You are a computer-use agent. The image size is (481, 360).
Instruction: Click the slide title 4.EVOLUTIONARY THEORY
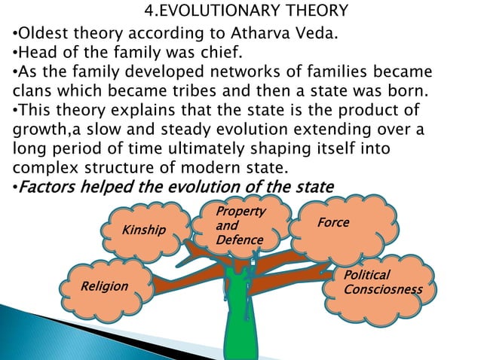coord(246,11)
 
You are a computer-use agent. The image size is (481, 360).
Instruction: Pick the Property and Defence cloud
coord(239,225)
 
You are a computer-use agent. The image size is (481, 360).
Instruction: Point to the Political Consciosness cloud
coord(382,282)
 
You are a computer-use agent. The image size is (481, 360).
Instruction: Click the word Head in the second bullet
coord(35,53)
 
